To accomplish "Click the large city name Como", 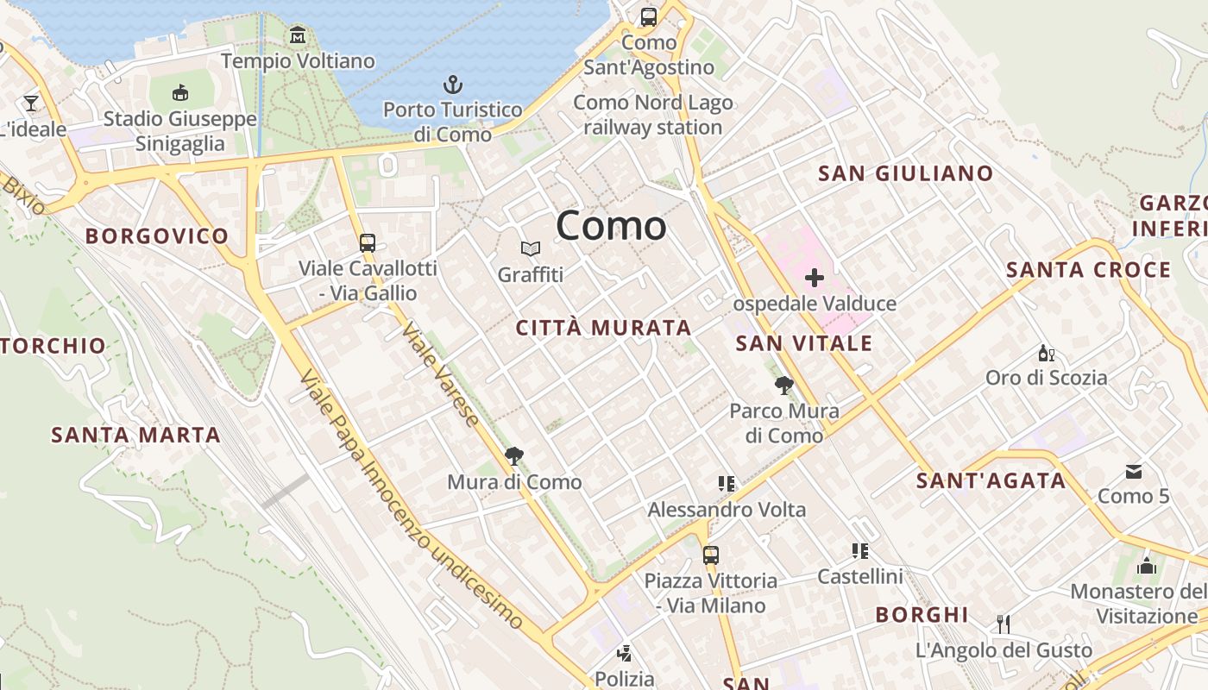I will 611,226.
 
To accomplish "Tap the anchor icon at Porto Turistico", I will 453,85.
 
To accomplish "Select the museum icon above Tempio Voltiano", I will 298,35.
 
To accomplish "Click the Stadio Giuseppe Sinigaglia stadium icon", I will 180,92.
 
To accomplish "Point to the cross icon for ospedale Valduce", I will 814,278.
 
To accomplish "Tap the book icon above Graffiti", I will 530,249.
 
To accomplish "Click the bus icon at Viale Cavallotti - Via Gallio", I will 368,242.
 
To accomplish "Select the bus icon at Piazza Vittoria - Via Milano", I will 710,555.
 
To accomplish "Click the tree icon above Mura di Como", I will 514,456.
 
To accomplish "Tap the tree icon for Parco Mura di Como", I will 783,386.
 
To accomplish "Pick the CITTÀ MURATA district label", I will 603,328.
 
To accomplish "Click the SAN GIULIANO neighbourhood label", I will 905,173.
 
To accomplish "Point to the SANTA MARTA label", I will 135,435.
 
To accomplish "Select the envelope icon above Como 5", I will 1134,471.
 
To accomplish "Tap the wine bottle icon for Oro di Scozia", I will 1046,353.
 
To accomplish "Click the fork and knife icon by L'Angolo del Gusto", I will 1003,624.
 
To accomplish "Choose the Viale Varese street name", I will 440,376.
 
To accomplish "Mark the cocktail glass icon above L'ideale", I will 31,103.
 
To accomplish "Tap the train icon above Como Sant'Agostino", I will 648,16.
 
